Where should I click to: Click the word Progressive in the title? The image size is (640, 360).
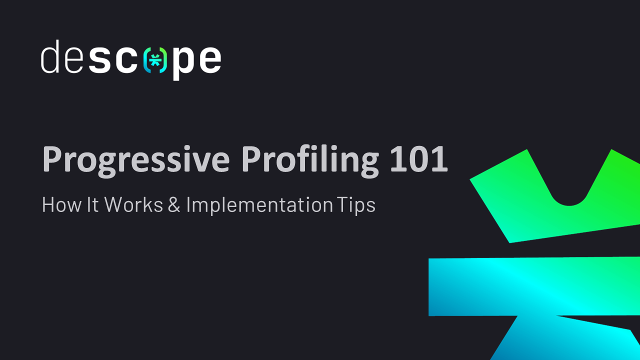click(x=135, y=160)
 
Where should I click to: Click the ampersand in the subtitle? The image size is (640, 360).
click(x=174, y=205)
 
